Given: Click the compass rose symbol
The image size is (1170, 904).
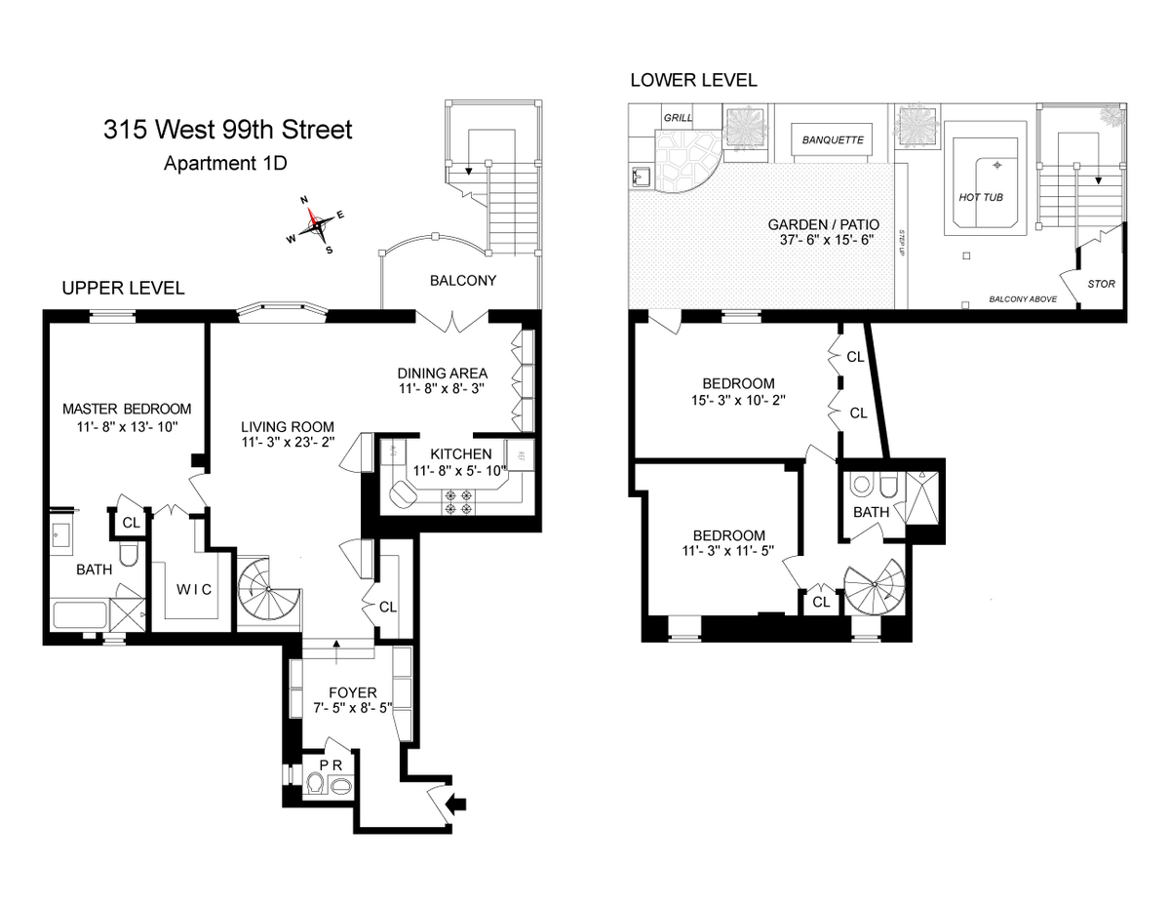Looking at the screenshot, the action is click(316, 225).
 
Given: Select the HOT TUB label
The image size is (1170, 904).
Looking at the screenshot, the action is click(981, 198).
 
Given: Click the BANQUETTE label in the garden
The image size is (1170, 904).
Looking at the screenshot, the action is click(833, 140).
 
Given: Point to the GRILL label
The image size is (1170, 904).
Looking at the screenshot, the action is click(678, 117).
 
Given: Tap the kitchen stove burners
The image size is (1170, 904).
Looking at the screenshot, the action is click(458, 501).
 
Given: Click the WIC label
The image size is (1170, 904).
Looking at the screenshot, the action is click(194, 590).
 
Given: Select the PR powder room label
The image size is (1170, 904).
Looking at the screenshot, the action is click(331, 765).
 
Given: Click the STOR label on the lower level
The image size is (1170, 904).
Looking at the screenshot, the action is click(1101, 284).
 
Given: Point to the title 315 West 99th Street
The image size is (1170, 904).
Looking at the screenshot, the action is click(228, 130).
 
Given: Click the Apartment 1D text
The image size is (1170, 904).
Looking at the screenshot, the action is click(225, 163).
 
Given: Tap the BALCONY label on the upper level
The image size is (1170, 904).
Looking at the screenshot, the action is click(463, 281).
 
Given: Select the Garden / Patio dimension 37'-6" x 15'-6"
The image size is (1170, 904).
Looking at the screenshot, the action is click(827, 240).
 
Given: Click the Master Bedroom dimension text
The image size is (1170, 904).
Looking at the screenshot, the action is click(127, 427).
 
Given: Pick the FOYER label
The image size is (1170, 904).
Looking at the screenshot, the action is click(353, 692).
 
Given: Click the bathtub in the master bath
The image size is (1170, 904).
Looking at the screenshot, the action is click(80, 614).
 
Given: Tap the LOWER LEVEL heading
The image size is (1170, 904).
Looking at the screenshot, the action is click(693, 80).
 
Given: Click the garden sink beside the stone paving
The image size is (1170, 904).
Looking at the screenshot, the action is click(642, 177).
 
